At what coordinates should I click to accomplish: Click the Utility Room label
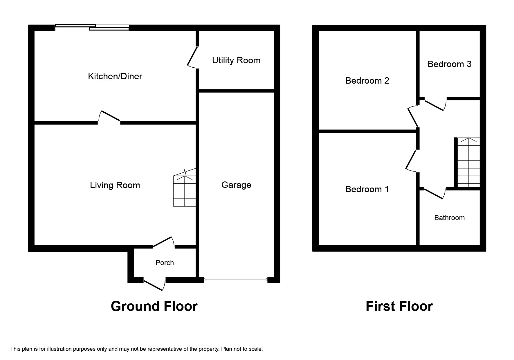point(236,60)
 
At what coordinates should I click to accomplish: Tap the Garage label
point(236,185)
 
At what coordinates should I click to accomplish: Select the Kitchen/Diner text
point(115,76)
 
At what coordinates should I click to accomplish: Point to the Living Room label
point(115,185)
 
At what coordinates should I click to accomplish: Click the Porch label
point(165,263)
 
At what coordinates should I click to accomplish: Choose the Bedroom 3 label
point(449,64)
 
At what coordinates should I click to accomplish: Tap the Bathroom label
point(449,218)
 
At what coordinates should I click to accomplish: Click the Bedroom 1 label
point(367,189)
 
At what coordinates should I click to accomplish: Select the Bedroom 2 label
point(367,81)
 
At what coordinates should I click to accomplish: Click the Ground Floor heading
point(154,306)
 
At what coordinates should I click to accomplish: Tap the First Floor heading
point(399,306)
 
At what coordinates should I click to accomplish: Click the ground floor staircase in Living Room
point(185,190)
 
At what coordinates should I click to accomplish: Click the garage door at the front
point(235,280)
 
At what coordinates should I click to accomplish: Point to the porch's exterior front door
point(154,285)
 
